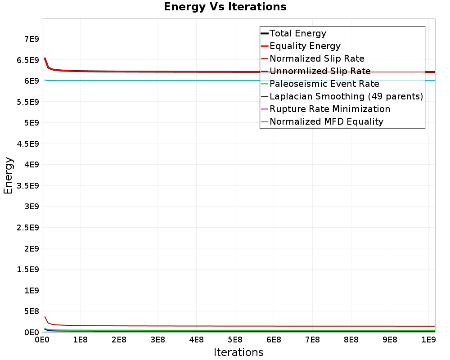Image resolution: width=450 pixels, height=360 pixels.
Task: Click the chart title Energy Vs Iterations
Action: [x=225, y=7]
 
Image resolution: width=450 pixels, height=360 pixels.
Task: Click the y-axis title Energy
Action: [x=8, y=175]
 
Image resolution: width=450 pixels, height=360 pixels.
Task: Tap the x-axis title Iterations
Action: [x=238, y=352]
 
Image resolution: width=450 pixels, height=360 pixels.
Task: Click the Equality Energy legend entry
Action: [x=305, y=46]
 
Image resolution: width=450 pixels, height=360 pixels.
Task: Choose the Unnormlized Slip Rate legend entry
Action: [x=320, y=71]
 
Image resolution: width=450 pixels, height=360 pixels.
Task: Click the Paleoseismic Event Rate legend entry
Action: [x=324, y=84]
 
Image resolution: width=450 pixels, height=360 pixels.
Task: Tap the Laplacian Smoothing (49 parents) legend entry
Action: [x=346, y=96]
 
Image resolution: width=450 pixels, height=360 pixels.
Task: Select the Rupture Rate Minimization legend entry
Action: [x=330, y=109]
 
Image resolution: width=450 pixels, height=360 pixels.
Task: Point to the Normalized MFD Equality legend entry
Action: [x=326, y=121]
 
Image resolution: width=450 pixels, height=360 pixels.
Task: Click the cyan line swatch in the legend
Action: [x=265, y=121]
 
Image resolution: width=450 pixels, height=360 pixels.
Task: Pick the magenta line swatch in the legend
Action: [x=265, y=109]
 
